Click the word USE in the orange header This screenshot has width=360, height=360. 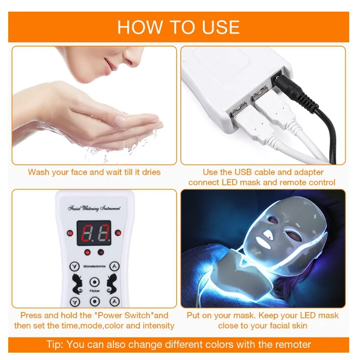(221, 27)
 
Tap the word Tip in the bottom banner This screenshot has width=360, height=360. (54, 344)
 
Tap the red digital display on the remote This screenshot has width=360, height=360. (94, 233)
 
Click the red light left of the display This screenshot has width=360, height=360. (70, 233)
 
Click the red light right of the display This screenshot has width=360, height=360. (118, 233)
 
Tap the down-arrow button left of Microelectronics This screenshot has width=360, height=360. (74, 267)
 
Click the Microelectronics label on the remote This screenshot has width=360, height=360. (95, 266)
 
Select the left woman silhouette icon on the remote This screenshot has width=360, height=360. (77, 284)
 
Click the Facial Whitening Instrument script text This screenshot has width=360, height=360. (94, 208)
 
